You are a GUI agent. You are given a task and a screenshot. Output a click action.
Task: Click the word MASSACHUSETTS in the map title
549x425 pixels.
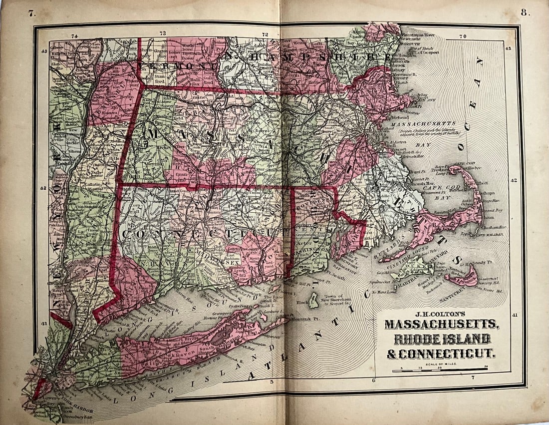(x=441, y=324)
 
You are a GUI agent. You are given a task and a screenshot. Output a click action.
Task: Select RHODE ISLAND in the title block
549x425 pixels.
(x=441, y=339)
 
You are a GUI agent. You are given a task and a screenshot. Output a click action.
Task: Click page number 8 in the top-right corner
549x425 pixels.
(x=525, y=12)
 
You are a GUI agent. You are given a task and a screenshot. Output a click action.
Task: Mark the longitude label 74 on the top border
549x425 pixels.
(x=75, y=35)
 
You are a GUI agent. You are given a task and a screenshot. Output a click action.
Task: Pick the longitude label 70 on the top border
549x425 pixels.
(x=462, y=36)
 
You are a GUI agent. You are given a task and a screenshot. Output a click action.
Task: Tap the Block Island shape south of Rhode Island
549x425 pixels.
(x=314, y=300)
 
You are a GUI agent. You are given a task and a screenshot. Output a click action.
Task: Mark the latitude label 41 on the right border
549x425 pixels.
(x=515, y=315)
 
